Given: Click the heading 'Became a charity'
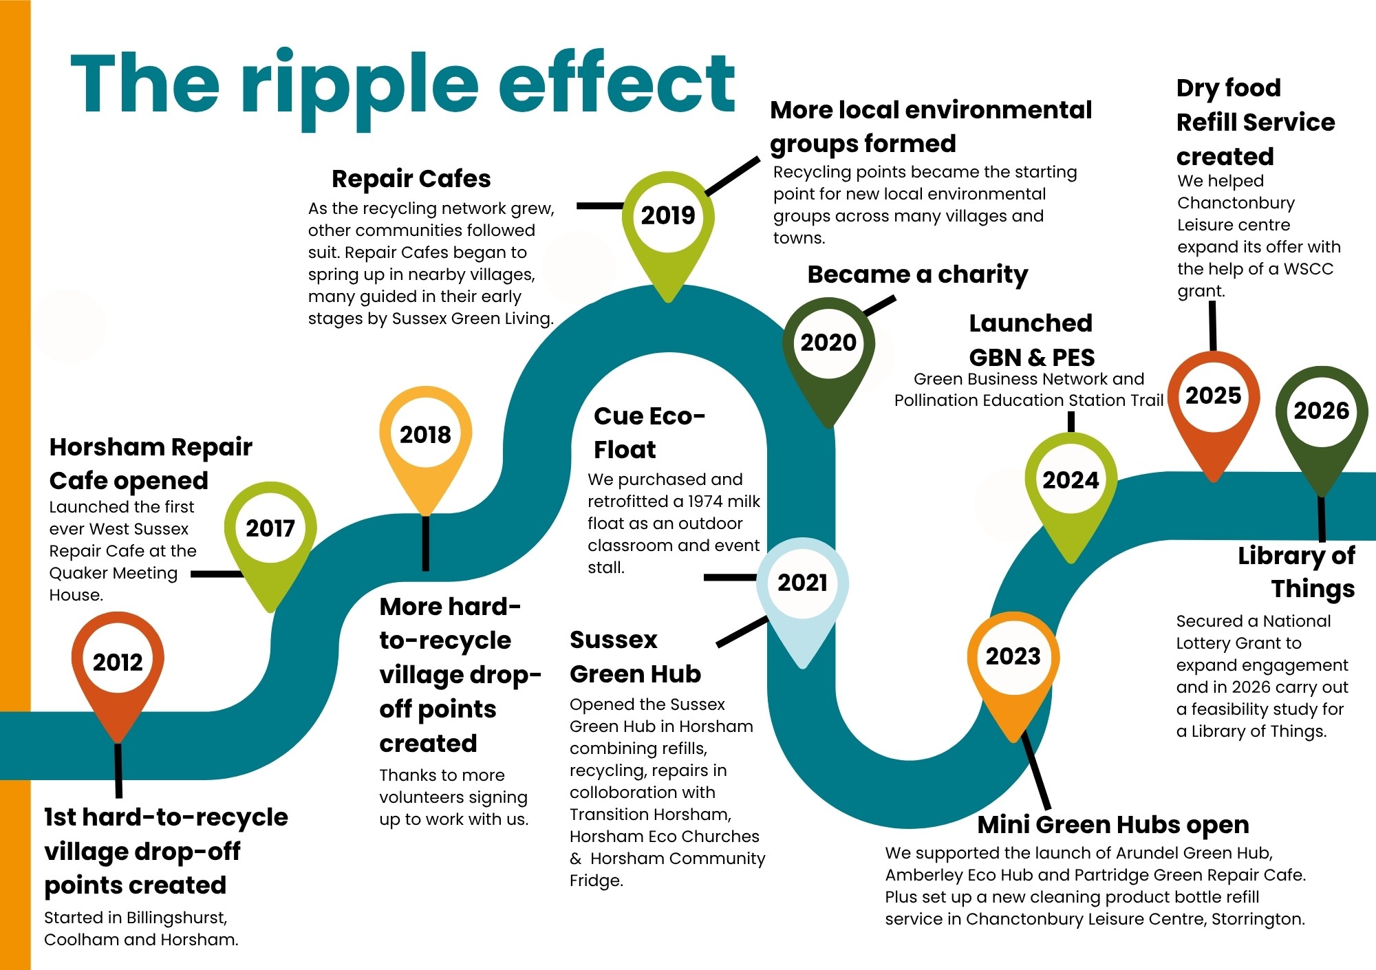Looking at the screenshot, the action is pos(918,274).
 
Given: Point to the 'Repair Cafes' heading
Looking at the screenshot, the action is pos(411,179).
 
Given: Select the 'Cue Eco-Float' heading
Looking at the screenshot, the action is pos(649,433).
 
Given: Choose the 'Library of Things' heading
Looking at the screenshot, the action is pos(1296,572).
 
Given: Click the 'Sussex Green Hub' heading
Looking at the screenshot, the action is pos(635,657).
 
